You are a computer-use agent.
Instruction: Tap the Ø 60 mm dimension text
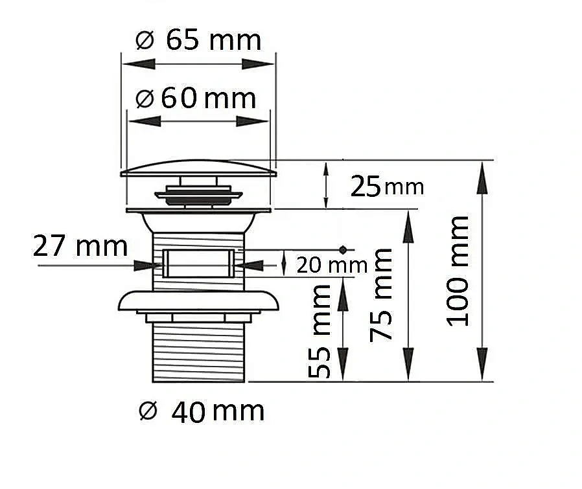(196, 98)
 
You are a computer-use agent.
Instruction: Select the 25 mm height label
(387, 187)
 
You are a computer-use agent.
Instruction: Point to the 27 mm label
(80, 245)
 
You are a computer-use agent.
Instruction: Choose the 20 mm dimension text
(332, 265)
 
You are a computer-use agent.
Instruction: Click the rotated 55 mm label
(320, 331)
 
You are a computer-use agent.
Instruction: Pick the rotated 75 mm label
(381, 295)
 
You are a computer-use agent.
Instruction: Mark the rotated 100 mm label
(458, 271)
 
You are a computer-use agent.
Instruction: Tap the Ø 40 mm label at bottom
(202, 411)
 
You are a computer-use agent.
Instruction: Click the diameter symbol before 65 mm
(145, 40)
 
